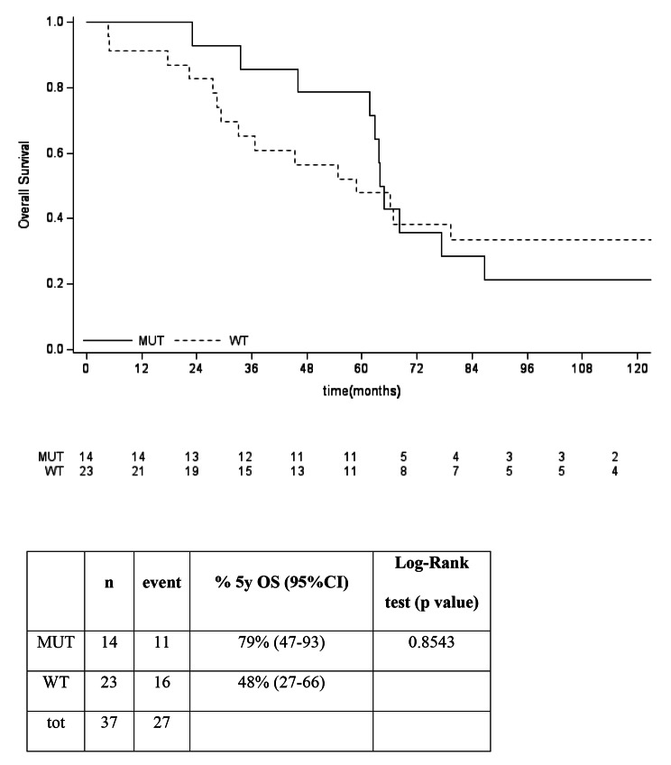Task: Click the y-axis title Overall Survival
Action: pos(26,183)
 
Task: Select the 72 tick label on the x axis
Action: pos(417,370)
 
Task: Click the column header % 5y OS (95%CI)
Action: pos(280,584)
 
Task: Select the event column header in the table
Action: pos(162,584)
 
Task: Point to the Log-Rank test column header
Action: pos(430,584)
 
